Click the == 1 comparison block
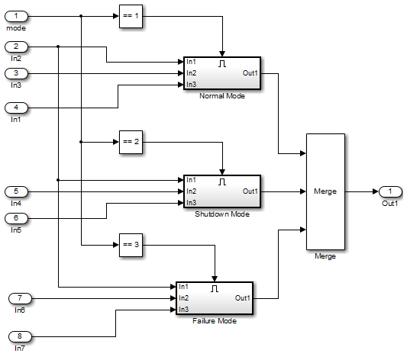coord(131,16)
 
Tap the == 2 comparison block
coord(131,142)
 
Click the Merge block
coord(325,191)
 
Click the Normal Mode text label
coord(221,97)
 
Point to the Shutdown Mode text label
coord(221,214)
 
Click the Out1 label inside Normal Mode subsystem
coord(250,73)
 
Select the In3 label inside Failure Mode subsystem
coord(183,309)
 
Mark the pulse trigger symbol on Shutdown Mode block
coord(222,182)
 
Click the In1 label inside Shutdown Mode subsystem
coord(191,180)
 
